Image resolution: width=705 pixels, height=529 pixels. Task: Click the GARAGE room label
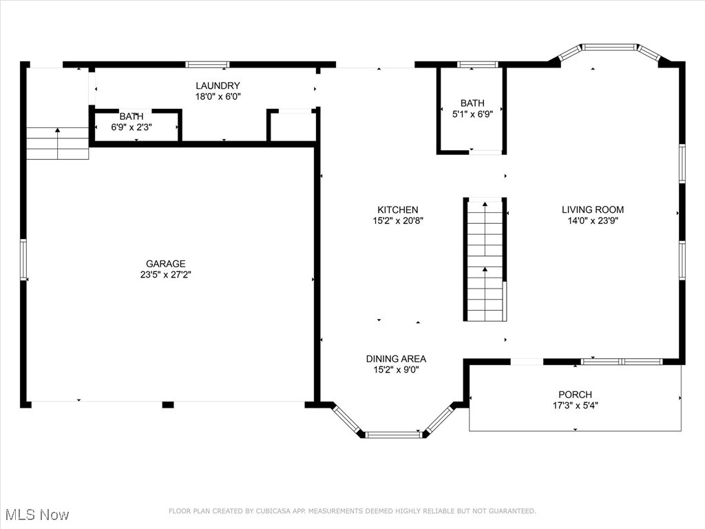tap(165, 264)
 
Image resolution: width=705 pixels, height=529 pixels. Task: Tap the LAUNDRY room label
tap(218, 85)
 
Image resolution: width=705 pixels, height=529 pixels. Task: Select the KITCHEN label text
tap(397, 209)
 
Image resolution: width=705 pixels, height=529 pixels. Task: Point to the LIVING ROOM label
tap(593, 209)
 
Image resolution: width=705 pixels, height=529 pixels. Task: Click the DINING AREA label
tap(396, 359)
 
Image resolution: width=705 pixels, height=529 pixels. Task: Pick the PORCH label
tap(575, 395)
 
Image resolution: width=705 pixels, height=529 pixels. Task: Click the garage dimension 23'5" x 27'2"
tap(165, 275)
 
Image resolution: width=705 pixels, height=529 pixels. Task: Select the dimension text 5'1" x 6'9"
tap(472, 114)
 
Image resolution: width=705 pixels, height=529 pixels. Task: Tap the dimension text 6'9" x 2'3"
tap(131, 127)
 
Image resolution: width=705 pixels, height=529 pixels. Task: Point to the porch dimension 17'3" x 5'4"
tap(575, 406)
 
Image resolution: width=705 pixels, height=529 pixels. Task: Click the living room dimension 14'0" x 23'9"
tap(593, 221)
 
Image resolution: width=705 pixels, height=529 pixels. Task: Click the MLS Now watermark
tap(37, 515)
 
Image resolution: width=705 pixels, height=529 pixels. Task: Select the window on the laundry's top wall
tap(208, 65)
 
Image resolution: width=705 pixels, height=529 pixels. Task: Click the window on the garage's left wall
tap(23, 260)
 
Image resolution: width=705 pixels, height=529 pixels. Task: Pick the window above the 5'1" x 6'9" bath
tap(478, 65)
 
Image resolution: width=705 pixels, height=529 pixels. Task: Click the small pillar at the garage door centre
tap(168, 405)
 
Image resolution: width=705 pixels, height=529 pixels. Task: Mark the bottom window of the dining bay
tap(392, 435)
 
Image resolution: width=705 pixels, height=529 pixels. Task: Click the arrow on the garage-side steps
tap(58, 143)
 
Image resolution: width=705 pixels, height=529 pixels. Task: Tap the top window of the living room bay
tap(610, 47)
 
